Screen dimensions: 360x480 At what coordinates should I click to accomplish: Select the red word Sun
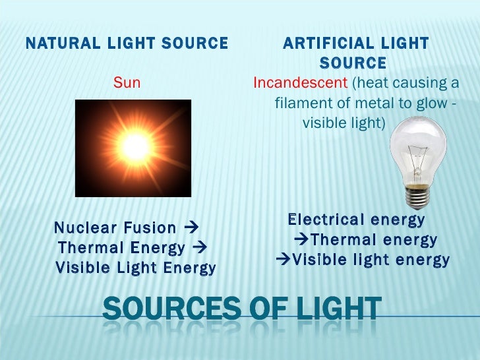pos(127,83)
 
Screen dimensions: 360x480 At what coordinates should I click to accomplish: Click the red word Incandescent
pos(300,83)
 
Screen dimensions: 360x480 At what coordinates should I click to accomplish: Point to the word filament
pos(301,104)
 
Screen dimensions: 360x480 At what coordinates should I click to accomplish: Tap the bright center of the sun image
pos(135,148)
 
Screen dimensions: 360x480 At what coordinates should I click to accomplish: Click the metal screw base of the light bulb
pos(416,196)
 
